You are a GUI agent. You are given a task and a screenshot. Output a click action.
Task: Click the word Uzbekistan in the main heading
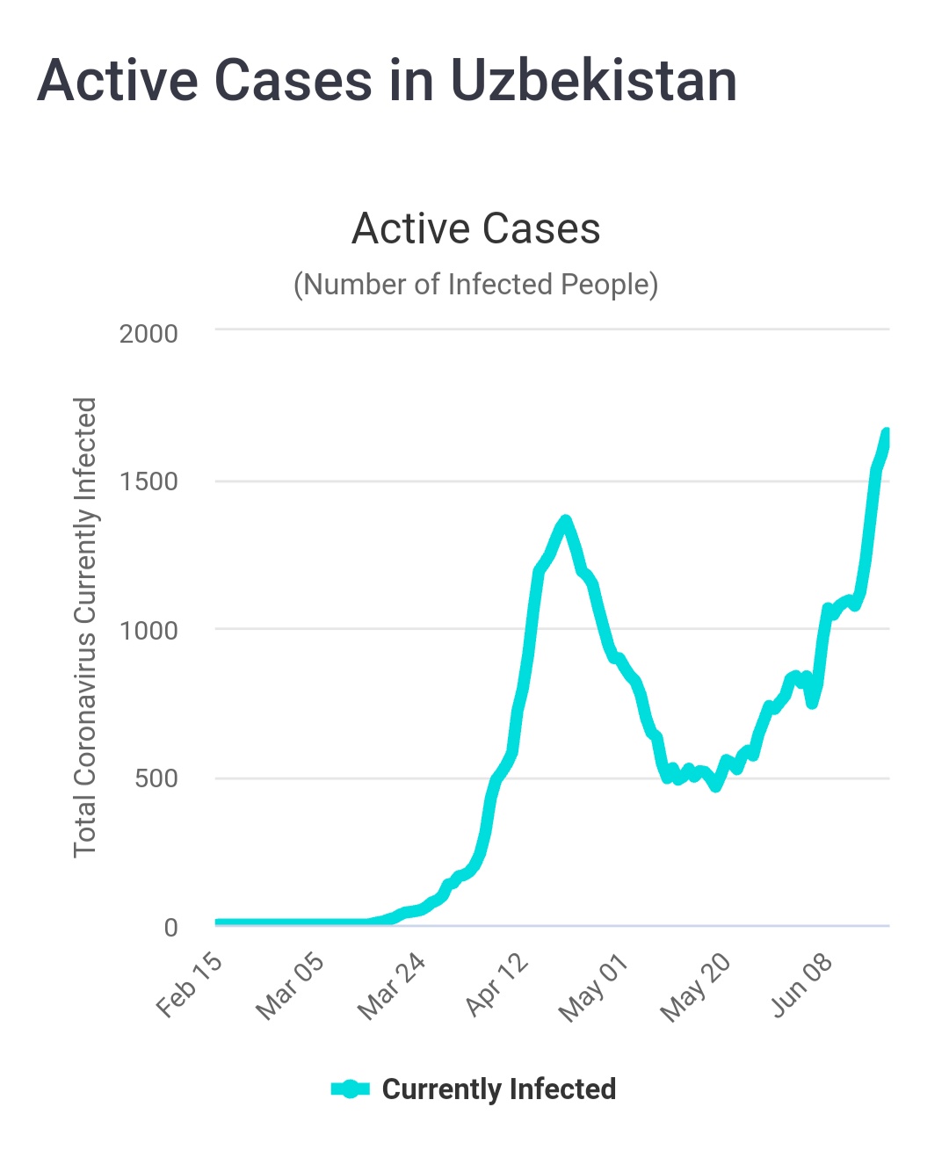click(593, 81)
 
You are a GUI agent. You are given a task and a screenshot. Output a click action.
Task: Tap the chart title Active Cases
click(475, 229)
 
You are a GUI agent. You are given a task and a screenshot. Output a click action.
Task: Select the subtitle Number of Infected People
click(475, 285)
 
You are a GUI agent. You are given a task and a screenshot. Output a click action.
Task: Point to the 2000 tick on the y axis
click(149, 334)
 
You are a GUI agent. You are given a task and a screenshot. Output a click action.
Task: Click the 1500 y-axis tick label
click(149, 481)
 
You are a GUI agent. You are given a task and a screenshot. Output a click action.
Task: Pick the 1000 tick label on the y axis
click(149, 630)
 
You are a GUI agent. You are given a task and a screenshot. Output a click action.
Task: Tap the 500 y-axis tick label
click(156, 778)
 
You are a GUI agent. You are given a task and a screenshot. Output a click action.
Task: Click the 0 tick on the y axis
click(170, 927)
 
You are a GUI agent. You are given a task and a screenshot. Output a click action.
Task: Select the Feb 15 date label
click(189, 986)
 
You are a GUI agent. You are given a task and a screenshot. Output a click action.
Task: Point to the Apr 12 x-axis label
click(496, 986)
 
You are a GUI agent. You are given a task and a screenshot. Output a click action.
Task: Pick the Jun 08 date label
click(801, 986)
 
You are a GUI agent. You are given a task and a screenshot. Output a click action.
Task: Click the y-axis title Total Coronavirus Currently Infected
click(85, 627)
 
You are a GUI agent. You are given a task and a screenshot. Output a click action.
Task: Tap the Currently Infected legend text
click(498, 1089)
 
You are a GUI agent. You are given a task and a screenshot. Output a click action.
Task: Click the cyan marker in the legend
click(350, 1089)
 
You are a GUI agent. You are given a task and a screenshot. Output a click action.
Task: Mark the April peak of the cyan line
click(565, 521)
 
